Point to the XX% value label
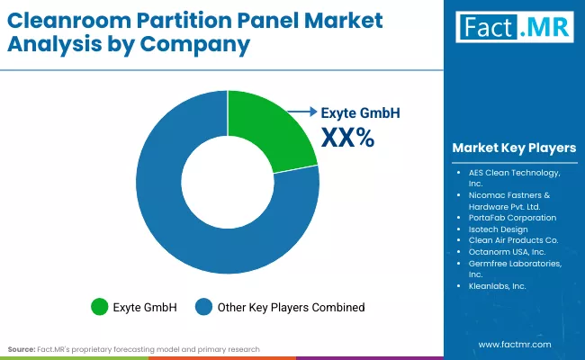[x=347, y=138]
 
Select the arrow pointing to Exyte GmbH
[x=301, y=113]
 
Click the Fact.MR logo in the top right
[x=512, y=27]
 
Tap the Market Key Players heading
[x=514, y=148]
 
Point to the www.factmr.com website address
[x=514, y=345]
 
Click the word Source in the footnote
[x=22, y=348]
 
